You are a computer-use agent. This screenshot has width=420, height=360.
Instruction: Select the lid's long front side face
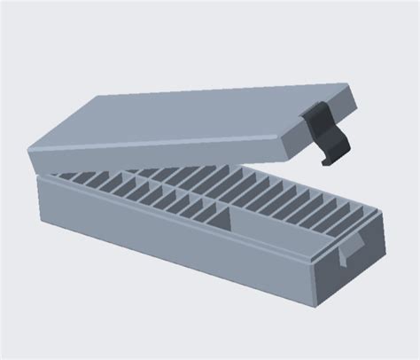pyautogui.click(x=159, y=152)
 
